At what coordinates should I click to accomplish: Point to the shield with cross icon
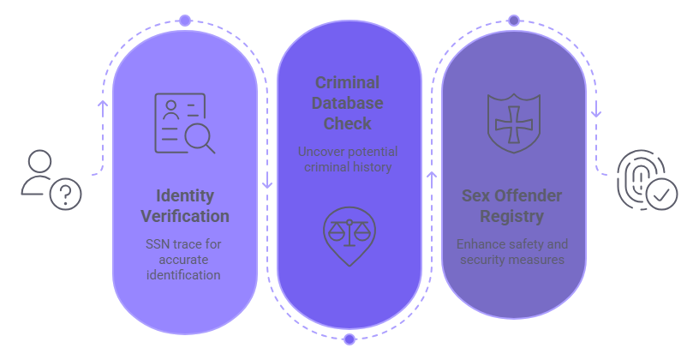[513, 123]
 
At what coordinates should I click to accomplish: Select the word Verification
[185, 215]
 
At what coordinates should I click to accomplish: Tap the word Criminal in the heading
[348, 83]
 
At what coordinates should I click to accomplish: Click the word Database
[348, 103]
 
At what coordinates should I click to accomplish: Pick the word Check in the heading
[348, 123]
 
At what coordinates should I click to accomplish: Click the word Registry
[512, 216]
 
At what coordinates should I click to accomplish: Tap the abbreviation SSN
[159, 244]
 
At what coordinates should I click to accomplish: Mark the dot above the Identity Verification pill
[185, 21]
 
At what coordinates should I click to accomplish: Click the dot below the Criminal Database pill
[349, 339]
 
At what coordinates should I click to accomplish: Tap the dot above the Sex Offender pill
[513, 21]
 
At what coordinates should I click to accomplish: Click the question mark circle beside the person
[66, 195]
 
